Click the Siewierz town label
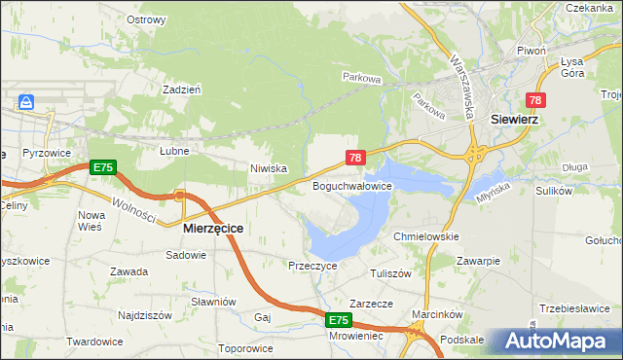click(x=515, y=121)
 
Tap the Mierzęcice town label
click(x=213, y=227)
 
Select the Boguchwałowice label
click(x=351, y=185)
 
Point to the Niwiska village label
click(x=268, y=168)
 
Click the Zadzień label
click(x=182, y=89)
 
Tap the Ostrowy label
click(x=146, y=19)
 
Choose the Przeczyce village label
click(x=312, y=265)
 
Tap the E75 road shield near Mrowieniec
click(x=337, y=319)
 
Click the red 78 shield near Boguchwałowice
click(x=355, y=157)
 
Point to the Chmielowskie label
click(x=425, y=236)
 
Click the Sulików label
click(x=553, y=191)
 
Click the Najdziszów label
click(x=144, y=315)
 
